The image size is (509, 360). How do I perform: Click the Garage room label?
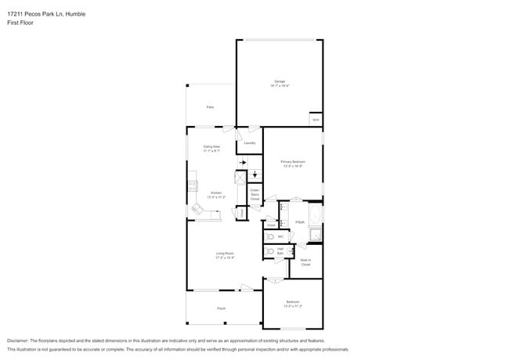[x=280, y=82]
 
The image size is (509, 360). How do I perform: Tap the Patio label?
[x=210, y=106]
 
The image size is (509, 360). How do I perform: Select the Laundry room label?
[x=250, y=143]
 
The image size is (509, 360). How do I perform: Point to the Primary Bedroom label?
[x=291, y=164]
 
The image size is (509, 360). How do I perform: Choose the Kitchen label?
[x=216, y=195]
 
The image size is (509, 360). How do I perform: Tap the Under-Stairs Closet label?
[x=254, y=194]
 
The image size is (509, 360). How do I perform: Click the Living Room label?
[x=226, y=254]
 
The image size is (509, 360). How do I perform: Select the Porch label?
[x=222, y=308]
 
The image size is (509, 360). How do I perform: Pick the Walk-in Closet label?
[x=305, y=262]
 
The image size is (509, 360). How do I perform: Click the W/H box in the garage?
[x=316, y=120]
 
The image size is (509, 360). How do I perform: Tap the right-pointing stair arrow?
[x=242, y=162]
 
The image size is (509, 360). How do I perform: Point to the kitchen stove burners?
[x=190, y=186]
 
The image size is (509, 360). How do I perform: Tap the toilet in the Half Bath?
[x=269, y=252]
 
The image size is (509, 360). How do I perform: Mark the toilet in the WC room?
[x=269, y=236]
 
